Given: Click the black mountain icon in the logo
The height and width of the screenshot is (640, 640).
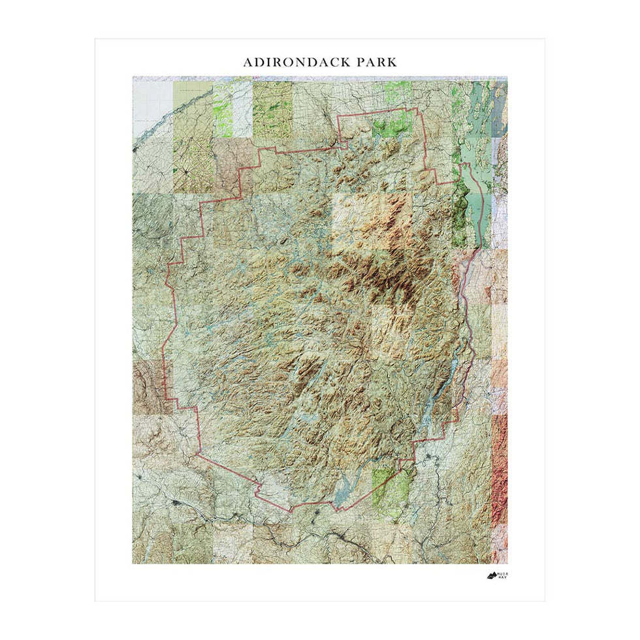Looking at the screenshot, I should point(491,575).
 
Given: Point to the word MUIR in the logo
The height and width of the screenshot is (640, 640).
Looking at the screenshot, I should point(504,573).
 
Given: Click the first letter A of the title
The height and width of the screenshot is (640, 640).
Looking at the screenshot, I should point(248,63).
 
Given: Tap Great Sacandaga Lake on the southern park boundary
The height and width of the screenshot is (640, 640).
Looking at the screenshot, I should point(342,493).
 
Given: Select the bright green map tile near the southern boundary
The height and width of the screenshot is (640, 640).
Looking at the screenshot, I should point(392,487).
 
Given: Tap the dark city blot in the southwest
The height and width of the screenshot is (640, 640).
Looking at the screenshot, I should point(176,503).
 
